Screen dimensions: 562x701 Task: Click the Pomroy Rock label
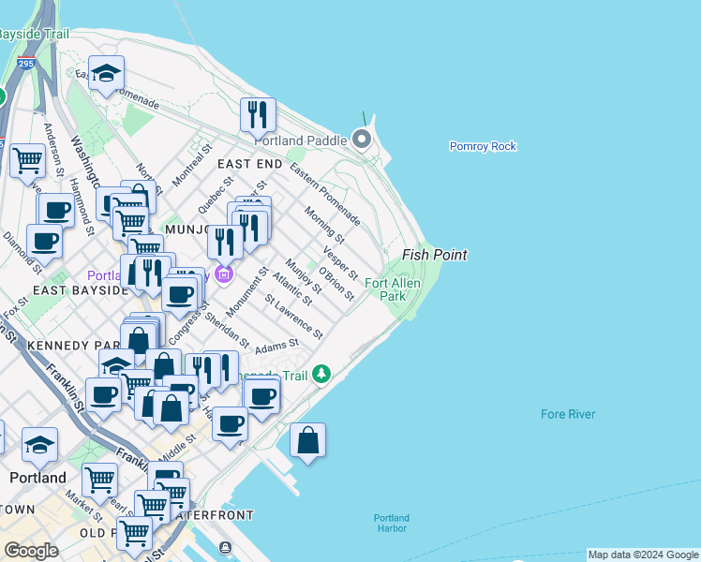click(483, 146)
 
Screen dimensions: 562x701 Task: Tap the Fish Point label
click(434, 255)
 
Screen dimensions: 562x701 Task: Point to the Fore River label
click(568, 414)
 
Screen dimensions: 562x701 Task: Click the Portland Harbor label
click(391, 523)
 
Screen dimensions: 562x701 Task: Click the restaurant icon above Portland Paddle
click(258, 114)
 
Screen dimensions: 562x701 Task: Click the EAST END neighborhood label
click(249, 164)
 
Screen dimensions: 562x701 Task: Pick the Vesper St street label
click(339, 262)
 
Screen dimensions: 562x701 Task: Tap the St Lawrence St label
click(293, 318)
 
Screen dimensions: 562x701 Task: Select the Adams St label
click(280, 344)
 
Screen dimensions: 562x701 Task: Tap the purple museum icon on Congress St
click(223, 274)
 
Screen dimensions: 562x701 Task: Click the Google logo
click(31, 551)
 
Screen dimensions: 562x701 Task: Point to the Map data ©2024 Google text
click(643, 555)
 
